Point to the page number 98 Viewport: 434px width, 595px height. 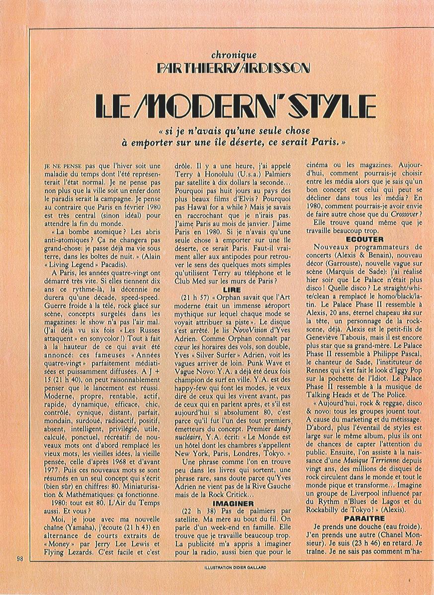coord(19,559)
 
